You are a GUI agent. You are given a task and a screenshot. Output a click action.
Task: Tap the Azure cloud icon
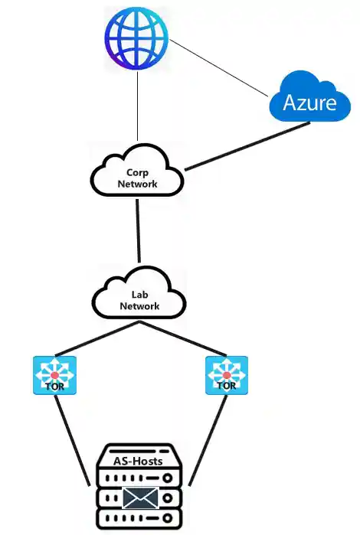(x=310, y=97)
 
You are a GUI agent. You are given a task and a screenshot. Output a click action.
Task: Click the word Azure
(x=310, y=103)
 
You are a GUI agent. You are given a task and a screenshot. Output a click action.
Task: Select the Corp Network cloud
(x=137, y=175)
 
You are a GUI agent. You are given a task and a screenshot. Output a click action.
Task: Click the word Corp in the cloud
(x=136, y=173)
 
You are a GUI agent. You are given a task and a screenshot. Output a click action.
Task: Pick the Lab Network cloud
(x=139, y=296)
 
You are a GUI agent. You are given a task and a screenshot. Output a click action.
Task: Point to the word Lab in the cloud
(x=139, y=295)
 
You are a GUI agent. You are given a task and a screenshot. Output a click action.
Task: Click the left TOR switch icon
(x=54, y=375)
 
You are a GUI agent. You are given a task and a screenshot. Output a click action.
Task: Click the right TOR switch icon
(x=226, y=375)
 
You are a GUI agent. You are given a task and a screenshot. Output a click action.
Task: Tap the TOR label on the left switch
(x=54, y=386)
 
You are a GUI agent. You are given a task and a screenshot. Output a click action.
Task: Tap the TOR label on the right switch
(x=226, y=386)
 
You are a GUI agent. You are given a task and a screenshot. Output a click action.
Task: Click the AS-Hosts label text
(x=139, y=461)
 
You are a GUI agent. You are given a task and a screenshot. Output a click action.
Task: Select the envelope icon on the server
(x=140, y=498)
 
